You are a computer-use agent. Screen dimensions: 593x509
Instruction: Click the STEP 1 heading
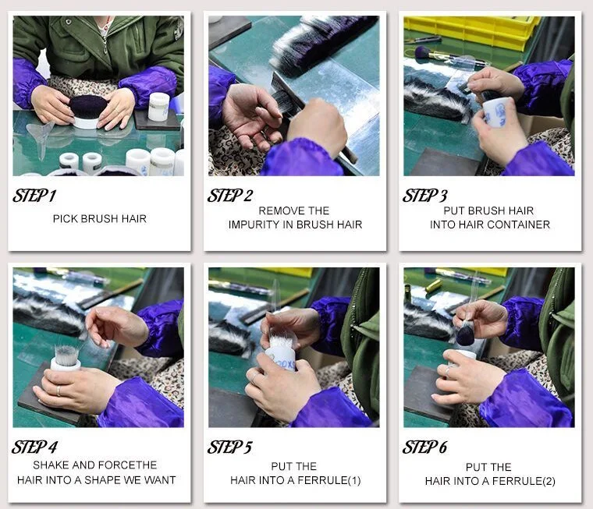click(x=34, y=196)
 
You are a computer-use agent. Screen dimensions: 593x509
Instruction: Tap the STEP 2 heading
click(x=230, y=196)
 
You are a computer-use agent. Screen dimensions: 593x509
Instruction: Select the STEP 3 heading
click(x=424, y=196)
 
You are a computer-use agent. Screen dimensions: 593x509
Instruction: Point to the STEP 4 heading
click(x=34, y=447)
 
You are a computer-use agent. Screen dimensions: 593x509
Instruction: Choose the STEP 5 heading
click(x=229, y=447)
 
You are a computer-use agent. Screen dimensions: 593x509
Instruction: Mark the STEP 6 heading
click(x=424, y=447)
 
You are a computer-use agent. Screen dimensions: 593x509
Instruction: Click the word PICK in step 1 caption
click(x=65, y=219)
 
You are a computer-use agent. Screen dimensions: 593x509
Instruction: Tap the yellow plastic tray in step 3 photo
click(x=470, y=31)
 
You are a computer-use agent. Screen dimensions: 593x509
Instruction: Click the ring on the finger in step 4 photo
click(x=59, y=391)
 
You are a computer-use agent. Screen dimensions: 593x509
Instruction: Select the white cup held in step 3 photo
click(x=496, y=112)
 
